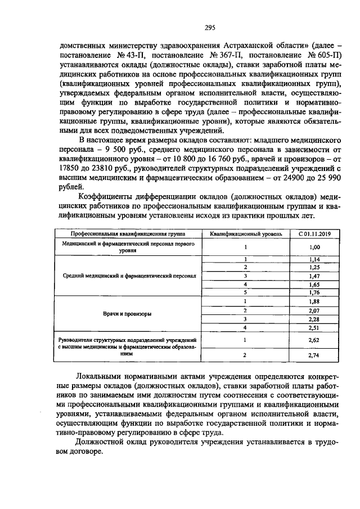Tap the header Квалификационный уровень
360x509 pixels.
[246, 233]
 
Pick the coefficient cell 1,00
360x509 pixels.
[314, 247]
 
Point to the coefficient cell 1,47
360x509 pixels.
[314, 276]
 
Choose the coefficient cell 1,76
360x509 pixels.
[314, 292]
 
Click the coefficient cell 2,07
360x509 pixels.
[314, 310]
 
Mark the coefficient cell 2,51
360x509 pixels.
[314, 328]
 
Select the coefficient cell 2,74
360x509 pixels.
[314, 356]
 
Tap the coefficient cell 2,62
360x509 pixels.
[314, 340]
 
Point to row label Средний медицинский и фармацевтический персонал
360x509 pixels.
[129, 276]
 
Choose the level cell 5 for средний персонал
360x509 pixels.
[246, 292]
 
